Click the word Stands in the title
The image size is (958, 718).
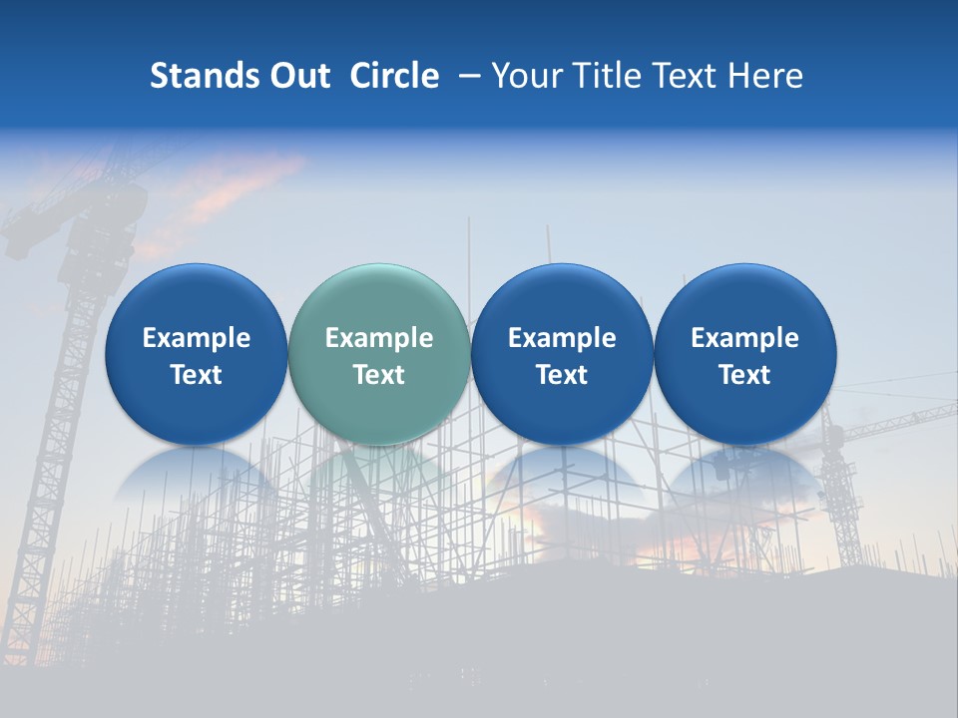(x=204, y=76)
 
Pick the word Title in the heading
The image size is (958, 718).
(x=601, y=76)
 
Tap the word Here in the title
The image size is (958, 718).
(x=764, y=76)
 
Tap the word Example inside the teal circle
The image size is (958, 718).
(x=378, y=338)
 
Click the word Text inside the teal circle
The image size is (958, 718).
(x=378, y=375)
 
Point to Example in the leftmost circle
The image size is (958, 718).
(x=196, y=338)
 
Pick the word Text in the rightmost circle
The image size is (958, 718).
(x=744, y=375)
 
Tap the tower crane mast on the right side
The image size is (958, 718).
(x=844, y=499)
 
